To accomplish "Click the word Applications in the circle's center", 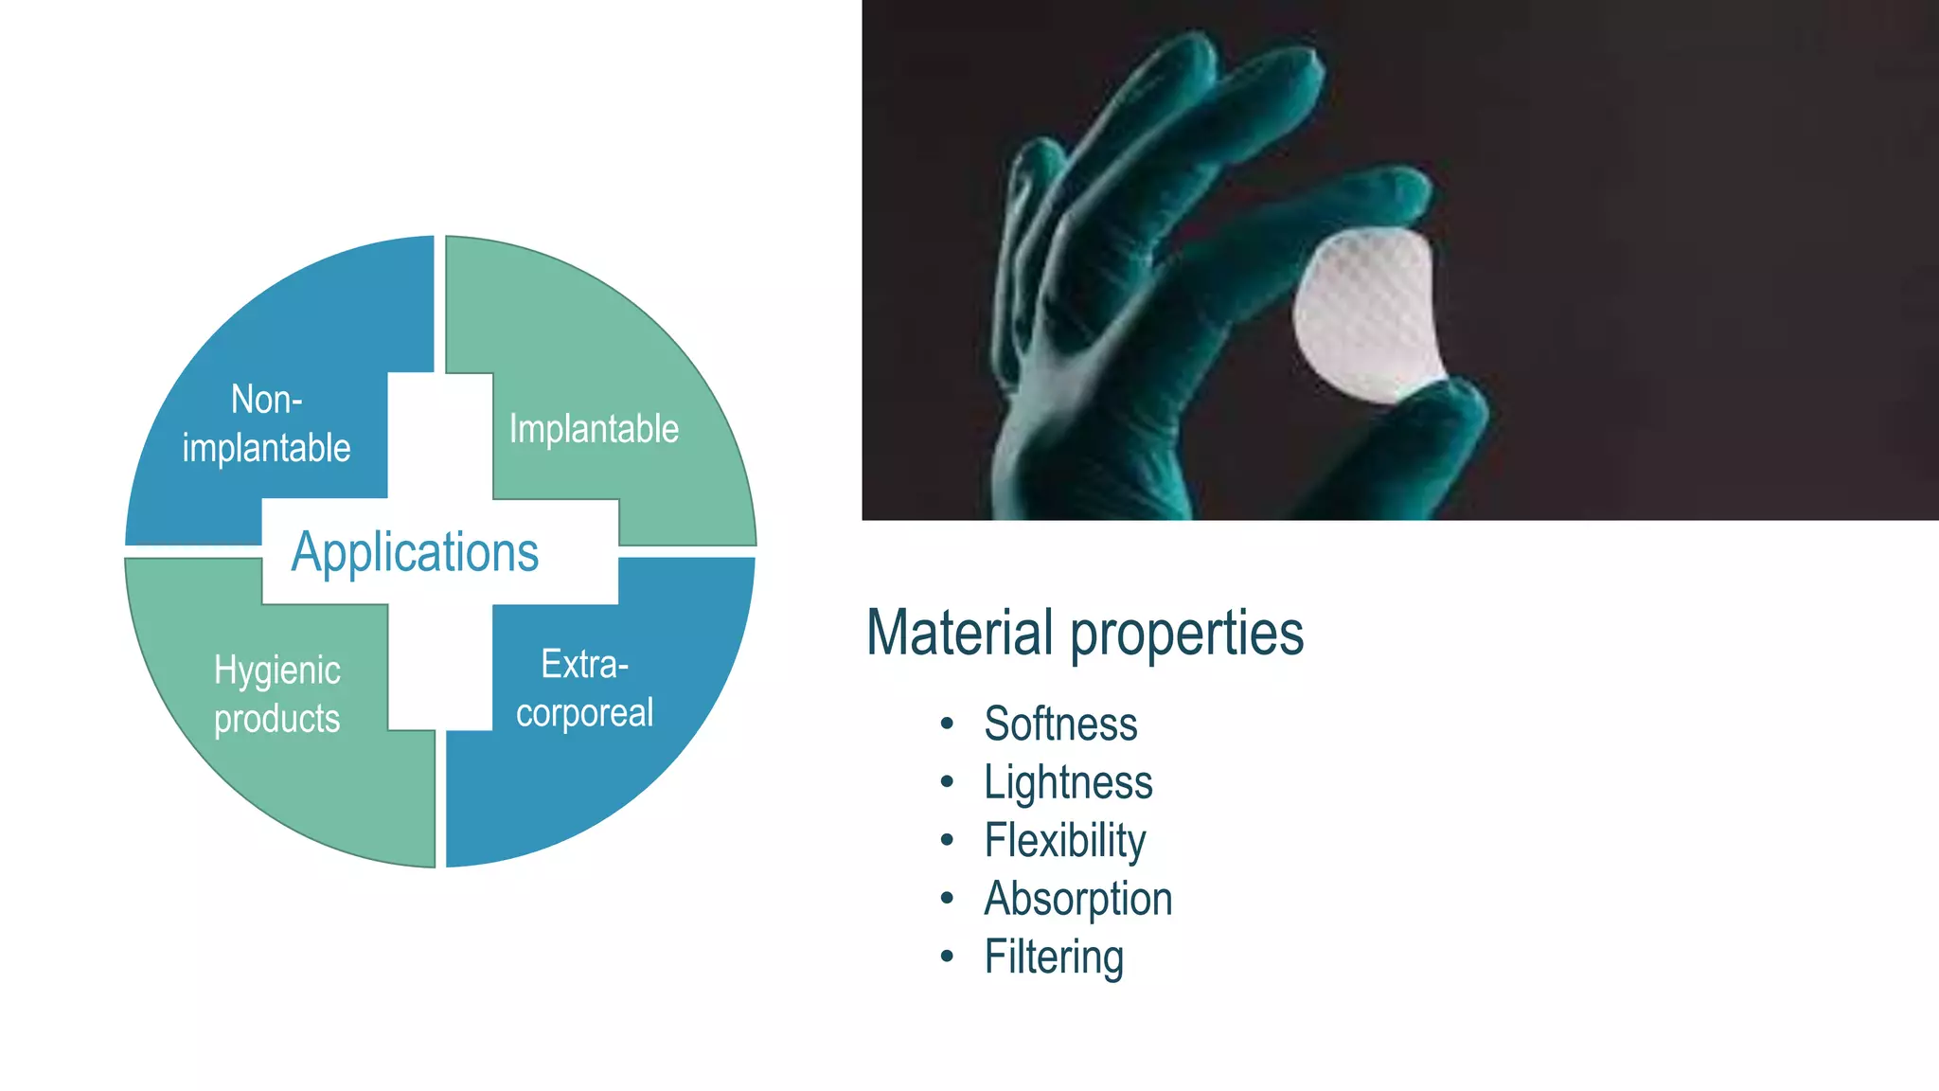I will coord(415,552).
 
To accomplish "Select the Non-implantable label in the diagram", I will coord(266,424).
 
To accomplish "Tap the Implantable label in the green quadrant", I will coord(594,429).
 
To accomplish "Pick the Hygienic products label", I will coord(276,694).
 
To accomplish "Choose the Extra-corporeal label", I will coord(584,689).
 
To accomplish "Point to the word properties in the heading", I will coord(1187,633).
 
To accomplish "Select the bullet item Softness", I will coord(1060,724).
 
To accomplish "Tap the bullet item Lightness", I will coord(1068,782).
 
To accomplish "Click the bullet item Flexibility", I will coord(1064,841).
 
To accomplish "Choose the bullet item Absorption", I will coord(1077,899).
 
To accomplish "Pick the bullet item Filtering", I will coord(1053,957).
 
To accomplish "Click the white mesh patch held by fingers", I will coord(1368,313).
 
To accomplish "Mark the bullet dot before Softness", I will coord(947,724).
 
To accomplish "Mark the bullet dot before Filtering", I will coord(947,957).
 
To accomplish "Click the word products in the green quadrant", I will coord(276,720).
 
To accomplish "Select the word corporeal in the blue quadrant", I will coord(584,713).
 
